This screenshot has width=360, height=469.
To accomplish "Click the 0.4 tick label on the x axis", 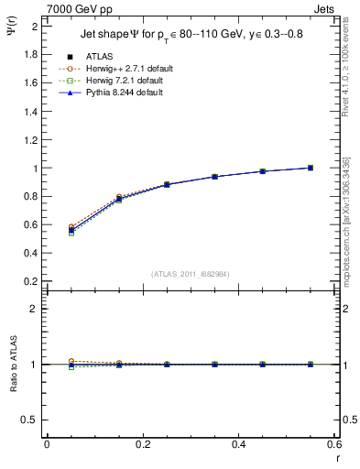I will point(238,445).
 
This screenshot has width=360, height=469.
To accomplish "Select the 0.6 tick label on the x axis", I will point(334,445).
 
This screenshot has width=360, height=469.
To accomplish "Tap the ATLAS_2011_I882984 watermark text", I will point(190,272).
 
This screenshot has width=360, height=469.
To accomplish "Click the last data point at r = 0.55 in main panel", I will point(311,168).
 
